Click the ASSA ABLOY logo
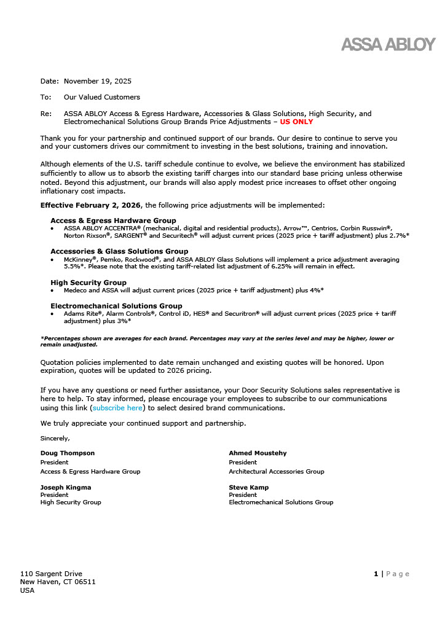[388, 44]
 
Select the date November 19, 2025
[98, 81]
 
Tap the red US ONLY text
[296, 122]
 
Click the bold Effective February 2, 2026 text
[90, 205]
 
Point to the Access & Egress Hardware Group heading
[113, 221]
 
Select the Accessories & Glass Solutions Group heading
[119, 251]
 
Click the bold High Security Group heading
[89, 283]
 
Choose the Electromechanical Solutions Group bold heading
[116, 306]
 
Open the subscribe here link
[117, 408]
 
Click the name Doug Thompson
[68, 453]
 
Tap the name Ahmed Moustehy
[258, 453]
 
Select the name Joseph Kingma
[66, 488]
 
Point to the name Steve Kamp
[249, 488]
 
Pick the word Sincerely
[55, 439]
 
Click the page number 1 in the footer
[376, 574]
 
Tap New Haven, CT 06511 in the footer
[58, 582]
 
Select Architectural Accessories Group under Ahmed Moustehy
[277, 472]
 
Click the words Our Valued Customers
[102, 97]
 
